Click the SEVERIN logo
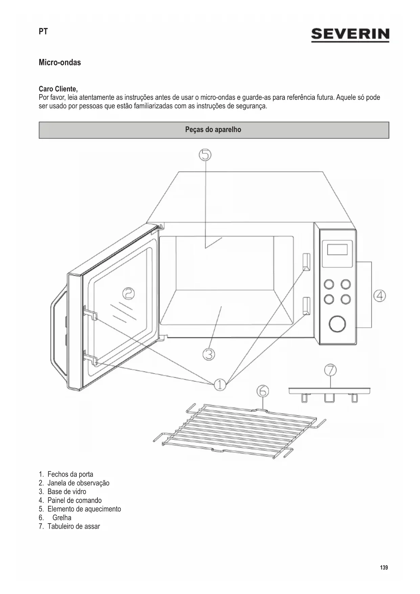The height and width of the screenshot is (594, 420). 350,35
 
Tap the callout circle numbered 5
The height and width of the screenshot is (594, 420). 205,155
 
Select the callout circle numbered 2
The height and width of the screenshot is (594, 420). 128,293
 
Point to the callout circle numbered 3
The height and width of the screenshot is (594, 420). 209,355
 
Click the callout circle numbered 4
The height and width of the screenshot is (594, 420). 380,296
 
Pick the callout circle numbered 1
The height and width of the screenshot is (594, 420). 220,384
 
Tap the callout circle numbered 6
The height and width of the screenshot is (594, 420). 263,391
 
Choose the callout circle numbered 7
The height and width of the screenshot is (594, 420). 330,370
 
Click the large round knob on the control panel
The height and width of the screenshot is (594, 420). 337,324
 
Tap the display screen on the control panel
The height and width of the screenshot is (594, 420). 337,250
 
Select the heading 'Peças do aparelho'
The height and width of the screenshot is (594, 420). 213,130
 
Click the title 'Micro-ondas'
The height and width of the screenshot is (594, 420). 60,63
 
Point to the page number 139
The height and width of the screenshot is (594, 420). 384,568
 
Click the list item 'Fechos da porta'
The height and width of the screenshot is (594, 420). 70,474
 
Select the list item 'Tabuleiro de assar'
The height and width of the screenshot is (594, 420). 73,527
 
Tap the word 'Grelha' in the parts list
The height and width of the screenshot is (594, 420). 62,518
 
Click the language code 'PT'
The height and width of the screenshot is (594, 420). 43,32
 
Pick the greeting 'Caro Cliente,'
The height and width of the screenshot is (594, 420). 58,89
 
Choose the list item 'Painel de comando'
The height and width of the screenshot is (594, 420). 74,501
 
